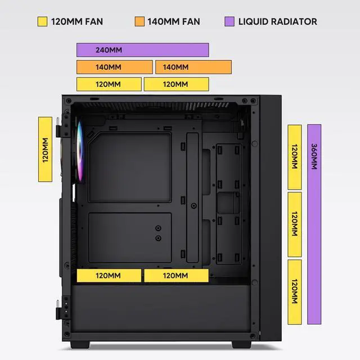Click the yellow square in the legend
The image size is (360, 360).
(x=42, y=22)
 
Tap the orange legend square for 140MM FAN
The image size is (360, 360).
(x=139, y=22)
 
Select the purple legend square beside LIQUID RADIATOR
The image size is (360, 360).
(x=229, y=22)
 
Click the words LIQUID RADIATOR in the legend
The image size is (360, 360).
(x=277, y=22)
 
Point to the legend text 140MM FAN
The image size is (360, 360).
(x=173, y=22)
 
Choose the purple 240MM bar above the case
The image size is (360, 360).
(x=142, y=50)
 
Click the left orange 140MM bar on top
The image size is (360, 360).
(x=114, y=67)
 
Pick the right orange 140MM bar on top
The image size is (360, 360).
(x=193, y=67)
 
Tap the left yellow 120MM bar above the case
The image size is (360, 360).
(x=109, y=84)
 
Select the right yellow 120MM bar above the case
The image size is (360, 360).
(x=176, y=84)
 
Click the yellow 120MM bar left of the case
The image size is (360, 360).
(x=46, y=149)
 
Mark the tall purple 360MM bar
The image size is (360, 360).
(x=314, y=224)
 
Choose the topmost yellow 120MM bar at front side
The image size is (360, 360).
(x=295, y=157)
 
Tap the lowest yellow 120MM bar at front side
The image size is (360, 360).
(x=295, y=292)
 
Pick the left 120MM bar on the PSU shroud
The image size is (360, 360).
(x=109, y=276)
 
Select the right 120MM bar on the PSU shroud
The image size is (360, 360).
(x=176, y=276)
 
